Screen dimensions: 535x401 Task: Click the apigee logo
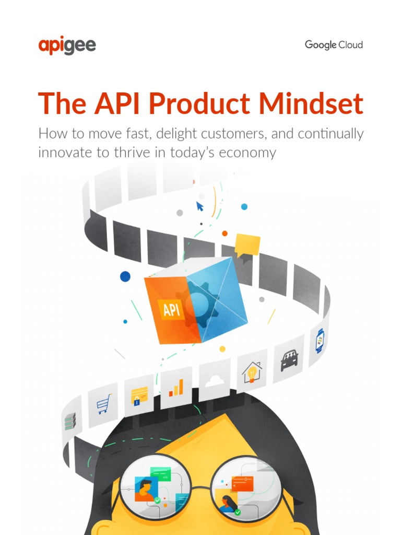coord(67,45)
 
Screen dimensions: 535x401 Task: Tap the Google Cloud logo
coord(334,45)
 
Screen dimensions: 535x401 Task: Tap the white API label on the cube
coord(171,310)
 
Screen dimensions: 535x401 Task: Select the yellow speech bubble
coord(247,245)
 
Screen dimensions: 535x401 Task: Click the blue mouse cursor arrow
coord(199,206)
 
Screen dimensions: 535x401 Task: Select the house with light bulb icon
coord(252,373)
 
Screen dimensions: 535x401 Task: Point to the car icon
coord(289,360)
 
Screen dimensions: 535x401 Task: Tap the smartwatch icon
coord(320,341)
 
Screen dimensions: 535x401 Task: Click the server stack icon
coord(70,421)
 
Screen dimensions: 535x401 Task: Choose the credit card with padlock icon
coord(139,396)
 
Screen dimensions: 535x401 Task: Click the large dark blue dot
coord(125,276)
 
